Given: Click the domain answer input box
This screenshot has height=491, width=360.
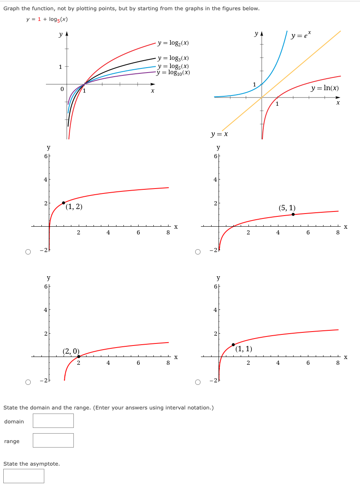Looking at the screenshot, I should pyautogui.click(x=53, y=421).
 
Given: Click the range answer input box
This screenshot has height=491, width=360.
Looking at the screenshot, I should pyautogui.click(x=53, y=440).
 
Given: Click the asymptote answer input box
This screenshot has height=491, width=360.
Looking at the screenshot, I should pyautogui.click(x=24, y=476).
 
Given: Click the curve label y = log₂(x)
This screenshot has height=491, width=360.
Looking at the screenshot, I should pyautogui.click(x=173, y=43).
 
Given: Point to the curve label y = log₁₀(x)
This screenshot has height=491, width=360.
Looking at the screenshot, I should pyautogui.click(x=174, y=73).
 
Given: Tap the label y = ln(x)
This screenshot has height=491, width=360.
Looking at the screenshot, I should pyautogui.click(x=324, y=88).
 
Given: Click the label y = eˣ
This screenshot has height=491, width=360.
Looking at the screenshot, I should pyautogui.click(x=301, y=36).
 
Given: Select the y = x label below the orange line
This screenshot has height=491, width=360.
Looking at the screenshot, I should pyautogui.click(x=219, y=134).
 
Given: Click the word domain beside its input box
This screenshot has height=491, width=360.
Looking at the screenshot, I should pyautogui.click(x=14, y=421).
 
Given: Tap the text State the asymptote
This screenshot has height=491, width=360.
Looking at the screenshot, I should pyautogui.click(x=32, y=464).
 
